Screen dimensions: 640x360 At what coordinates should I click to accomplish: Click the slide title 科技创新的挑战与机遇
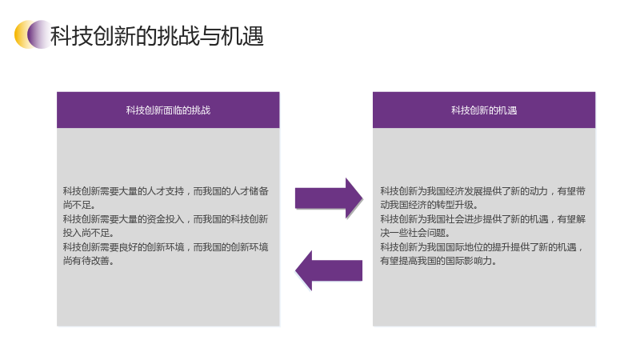[x=157, y=35]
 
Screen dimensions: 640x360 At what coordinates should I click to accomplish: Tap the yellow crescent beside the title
[x=21, y=34]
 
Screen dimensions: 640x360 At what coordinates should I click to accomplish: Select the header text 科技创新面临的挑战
[x=168, y=110]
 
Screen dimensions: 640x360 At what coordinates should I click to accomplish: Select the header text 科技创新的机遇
[x=484, y=110]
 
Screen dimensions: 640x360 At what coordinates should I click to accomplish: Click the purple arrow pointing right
[x=329, y=198]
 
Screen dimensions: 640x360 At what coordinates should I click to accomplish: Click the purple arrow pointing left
[x=329, y=270]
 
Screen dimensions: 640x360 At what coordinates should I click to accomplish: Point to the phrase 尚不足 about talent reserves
[x=79, y=205]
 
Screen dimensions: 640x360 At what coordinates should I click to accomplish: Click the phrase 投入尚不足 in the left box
[x=88, y=233]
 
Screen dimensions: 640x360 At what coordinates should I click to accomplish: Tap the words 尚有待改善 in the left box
[x=88, y=261]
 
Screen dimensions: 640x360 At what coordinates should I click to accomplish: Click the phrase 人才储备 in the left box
[x=250, y=191]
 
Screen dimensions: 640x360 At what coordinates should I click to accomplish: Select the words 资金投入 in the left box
[x=166, y=219]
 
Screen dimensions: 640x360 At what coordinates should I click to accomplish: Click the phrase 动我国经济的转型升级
[x=429, y=205]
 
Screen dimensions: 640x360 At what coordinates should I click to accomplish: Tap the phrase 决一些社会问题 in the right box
[x=415, y=233]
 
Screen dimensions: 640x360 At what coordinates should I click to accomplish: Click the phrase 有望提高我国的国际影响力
[x=438, y=261]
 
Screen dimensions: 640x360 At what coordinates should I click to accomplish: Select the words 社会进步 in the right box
[x=464, y=219]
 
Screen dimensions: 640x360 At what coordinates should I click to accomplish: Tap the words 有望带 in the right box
[x=571, y=191]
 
